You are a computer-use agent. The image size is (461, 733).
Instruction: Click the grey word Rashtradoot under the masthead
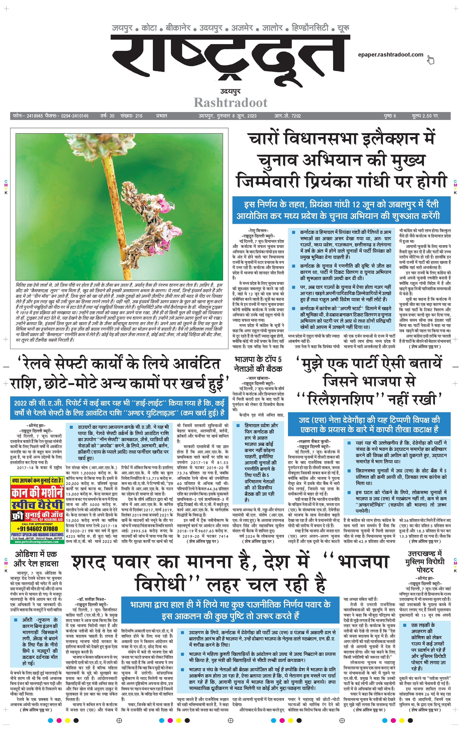click(x=230, y=103)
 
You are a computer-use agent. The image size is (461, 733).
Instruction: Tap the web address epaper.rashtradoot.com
click(x=390, y=54)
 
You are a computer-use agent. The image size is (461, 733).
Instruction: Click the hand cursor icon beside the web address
click(x=430, y=60)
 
